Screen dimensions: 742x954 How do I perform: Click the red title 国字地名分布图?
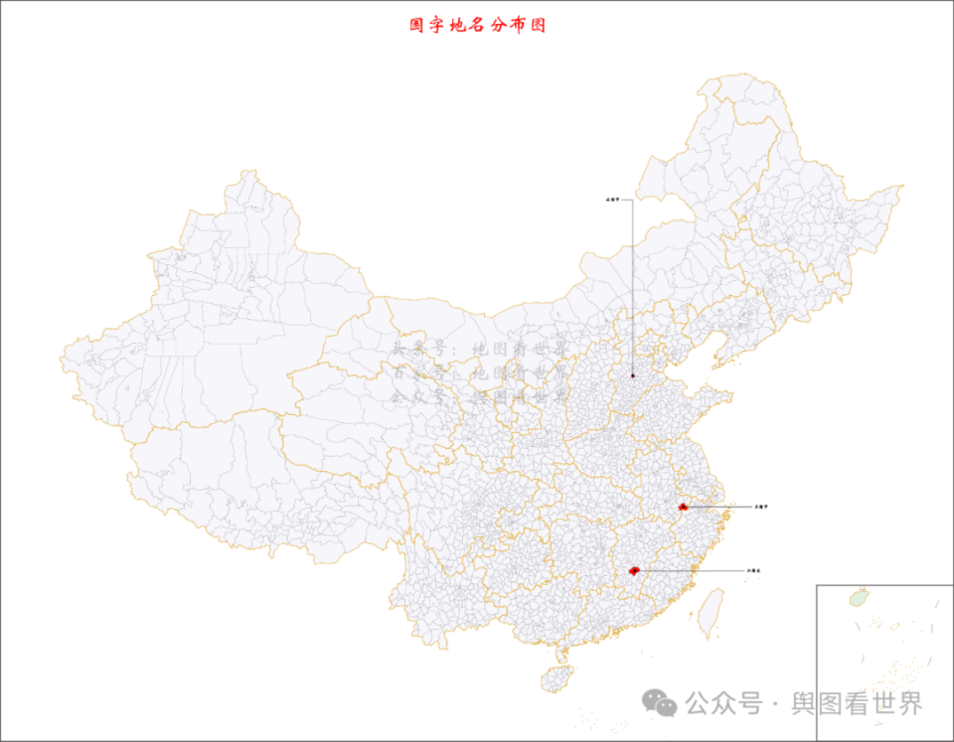[478, 25]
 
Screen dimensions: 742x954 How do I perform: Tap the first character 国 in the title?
[417, 25]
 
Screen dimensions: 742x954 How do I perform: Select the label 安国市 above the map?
[618, 201]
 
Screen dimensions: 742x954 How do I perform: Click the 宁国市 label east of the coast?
[761, 507]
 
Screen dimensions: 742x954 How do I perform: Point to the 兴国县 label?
[753, 571]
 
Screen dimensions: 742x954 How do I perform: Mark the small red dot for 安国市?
[633, 375]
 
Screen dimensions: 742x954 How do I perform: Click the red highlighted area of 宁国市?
[683, 507]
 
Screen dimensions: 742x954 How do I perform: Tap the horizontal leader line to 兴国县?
[691, 571]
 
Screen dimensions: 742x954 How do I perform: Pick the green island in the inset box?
[857, 598]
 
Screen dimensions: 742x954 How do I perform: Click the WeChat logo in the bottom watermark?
[659, 703]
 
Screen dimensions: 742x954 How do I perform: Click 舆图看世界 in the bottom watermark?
[857, 703]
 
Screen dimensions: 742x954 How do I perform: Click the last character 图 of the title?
[538, 25]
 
